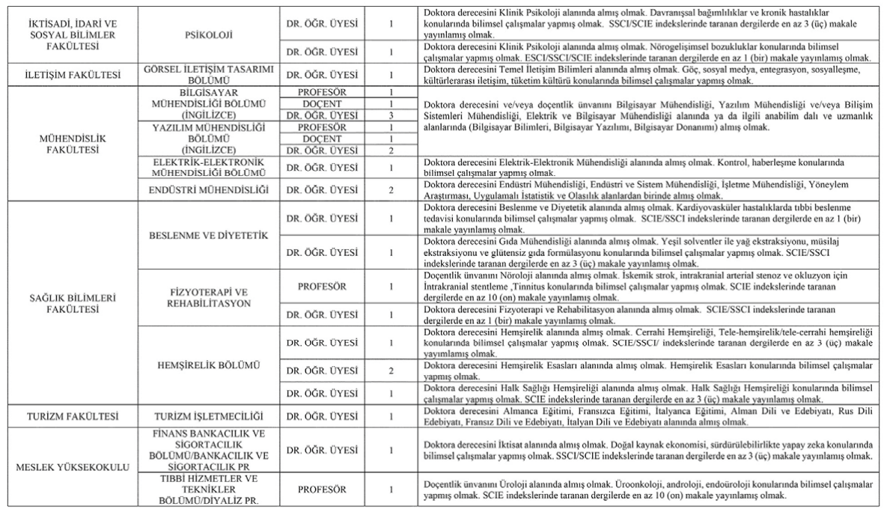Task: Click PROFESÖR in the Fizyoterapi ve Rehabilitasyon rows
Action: click(322, 286)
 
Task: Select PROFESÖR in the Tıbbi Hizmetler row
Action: click(322, 490)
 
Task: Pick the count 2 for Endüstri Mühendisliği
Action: click(391, 189)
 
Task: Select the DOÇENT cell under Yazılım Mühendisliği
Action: click(322, 139)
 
